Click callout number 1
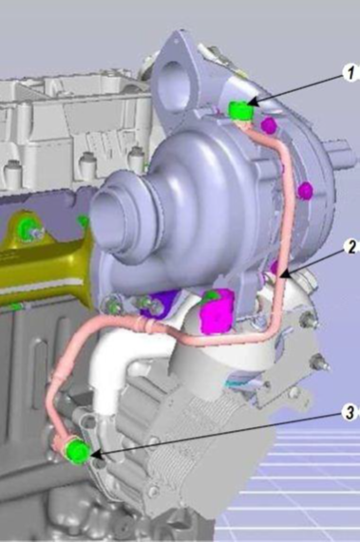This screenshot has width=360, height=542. [x=351, y=74]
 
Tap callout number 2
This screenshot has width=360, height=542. [x=351, y=247]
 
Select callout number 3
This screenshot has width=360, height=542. [x=350, y=412]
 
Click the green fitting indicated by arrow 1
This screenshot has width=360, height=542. [x=240, y=110]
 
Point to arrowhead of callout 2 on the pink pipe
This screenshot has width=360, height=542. [x=284, y=275]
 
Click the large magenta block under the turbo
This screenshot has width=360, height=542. [x=218, y=310]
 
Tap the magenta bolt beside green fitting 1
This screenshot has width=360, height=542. [x=268, y=124]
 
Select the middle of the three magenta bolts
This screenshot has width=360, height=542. [x=306, y=190]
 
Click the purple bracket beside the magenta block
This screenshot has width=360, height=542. [x=160, y=304]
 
